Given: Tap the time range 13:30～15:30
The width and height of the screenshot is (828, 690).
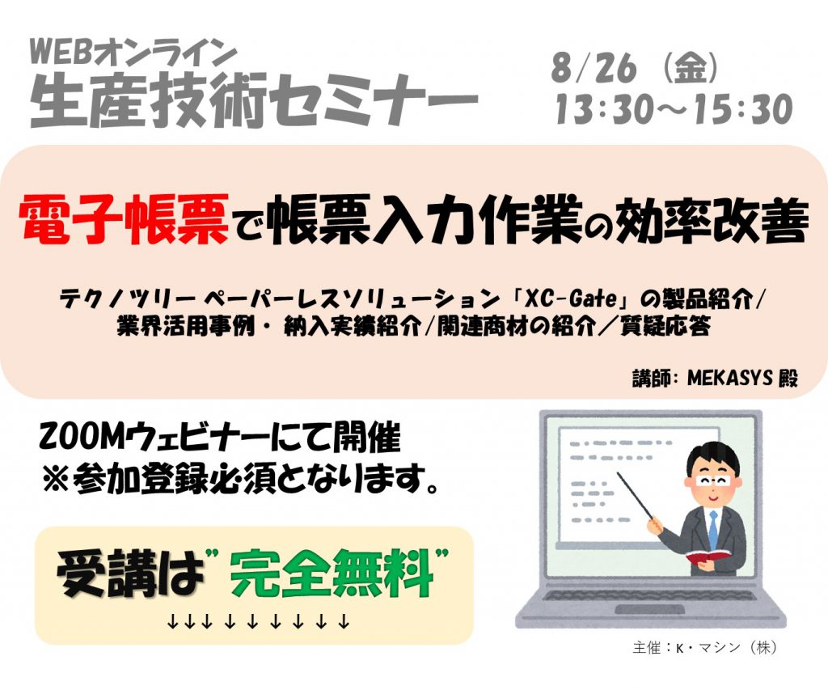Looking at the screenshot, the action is [x=674, y=109].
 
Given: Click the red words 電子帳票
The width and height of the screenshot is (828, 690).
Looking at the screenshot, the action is [x=124, y=219].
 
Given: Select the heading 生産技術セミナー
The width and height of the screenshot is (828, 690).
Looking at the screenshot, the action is [x=254, y=99].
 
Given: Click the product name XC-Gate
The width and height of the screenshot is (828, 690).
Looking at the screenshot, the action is [x=571, y=299].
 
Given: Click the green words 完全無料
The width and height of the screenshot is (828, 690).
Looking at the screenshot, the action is [x=332, y=574].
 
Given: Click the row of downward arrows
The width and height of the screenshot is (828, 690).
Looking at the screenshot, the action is [x=258, y=622].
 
